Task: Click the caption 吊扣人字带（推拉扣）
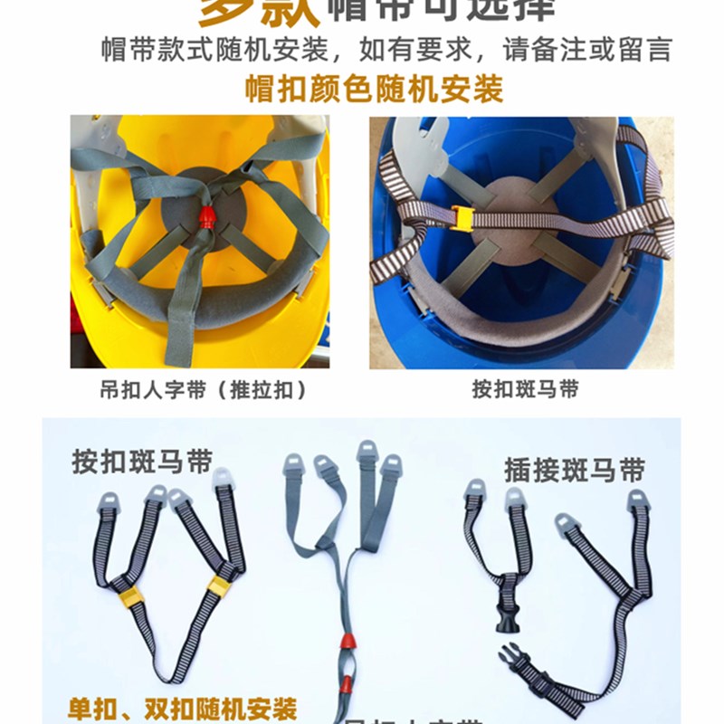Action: (203, 390)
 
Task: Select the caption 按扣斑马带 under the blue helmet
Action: (525, 390)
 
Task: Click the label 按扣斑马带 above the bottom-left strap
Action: (142, 461)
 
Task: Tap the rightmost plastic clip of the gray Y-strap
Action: (391, 468)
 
